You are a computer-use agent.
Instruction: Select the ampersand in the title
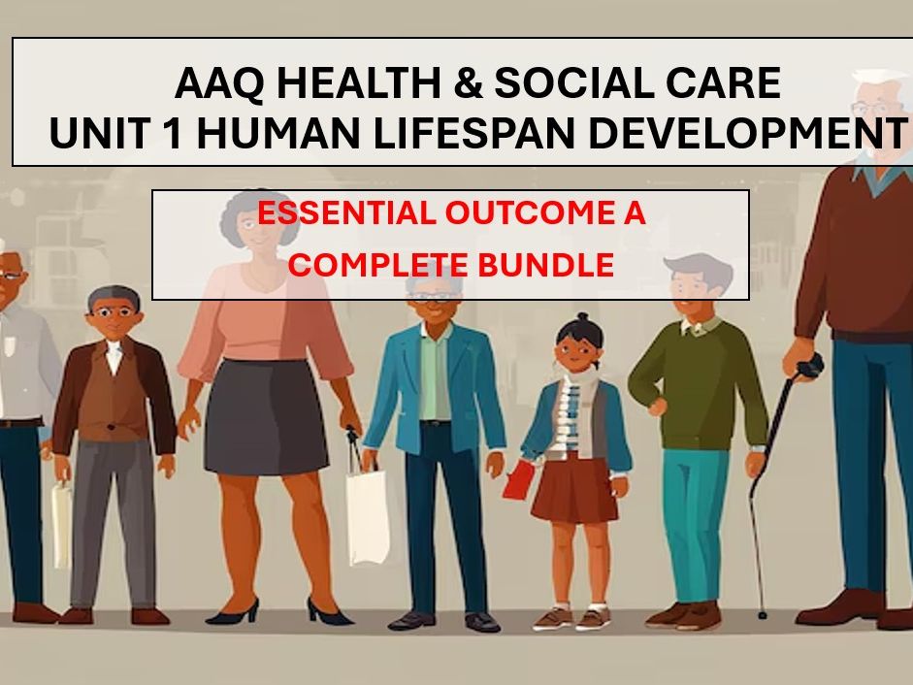(x=468, y=84)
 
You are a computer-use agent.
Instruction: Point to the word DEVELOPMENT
(x=746, y=134)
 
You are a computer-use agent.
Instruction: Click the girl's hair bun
(x=579, y=318)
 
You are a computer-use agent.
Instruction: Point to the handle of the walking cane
(x=808, y=369)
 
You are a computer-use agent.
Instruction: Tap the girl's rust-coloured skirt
(x=573, y=490)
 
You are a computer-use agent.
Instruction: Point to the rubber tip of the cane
(x=762, y=613)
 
